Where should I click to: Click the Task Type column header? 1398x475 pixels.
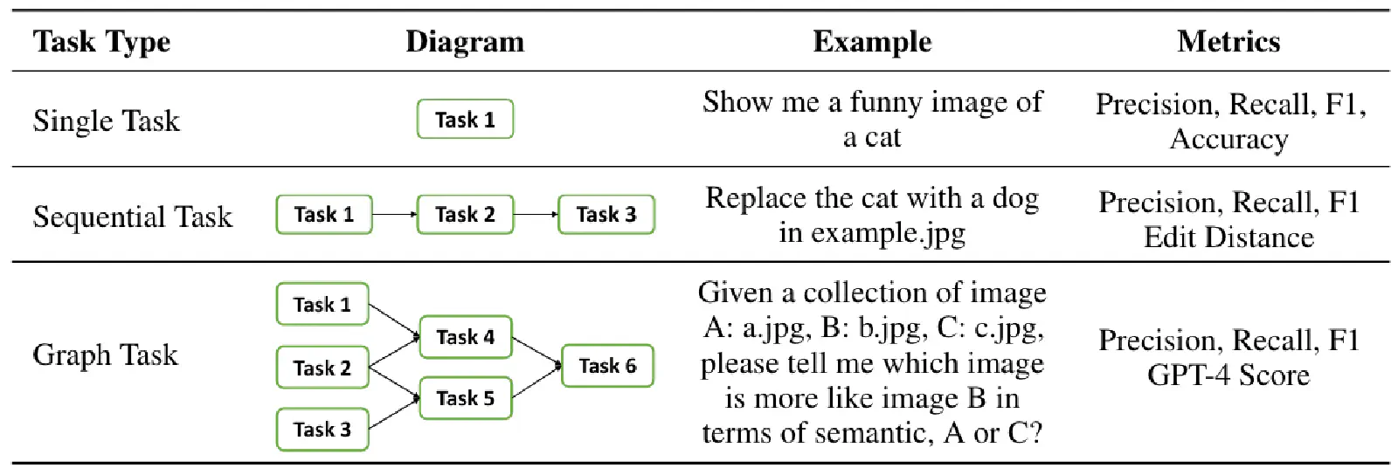pyautogui.click(x=101, y=42)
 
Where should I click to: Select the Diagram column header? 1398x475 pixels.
pyautogui.click(x=465, y=42)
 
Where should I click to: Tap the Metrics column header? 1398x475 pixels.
pyautogui.click(x=1228, y=42)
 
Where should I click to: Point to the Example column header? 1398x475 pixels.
pyautogui.click(x=872, y=42)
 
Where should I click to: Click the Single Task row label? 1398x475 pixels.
pyautogui.click(x=106, y=120)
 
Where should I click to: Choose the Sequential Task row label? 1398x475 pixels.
pyautogui.click(x=132, y=217)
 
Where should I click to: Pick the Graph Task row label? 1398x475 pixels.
pyautogui.click(x=105, y=355)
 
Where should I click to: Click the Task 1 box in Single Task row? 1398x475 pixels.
pyautogui.click(x=465, y=119)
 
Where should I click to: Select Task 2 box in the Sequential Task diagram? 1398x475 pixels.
pyautogui.click(x=465, y=215)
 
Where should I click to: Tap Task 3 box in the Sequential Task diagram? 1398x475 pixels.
pyautogui.click(x=606, y=215)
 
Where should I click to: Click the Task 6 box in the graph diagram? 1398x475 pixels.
pyautogui.click(x=607, y=366)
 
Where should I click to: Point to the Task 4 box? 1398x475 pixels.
pyautogui.click(x=466, y=337)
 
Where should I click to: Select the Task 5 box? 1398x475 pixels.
pyautogui.click(x=466, y=397)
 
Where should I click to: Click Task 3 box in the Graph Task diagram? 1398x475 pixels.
pyautogui.click(x=322, y=430)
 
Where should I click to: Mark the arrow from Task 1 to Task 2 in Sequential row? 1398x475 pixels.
pyautogui.click(x=394, y=215)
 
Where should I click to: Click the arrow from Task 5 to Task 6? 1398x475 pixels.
pyautogui.click(x=536, y=382)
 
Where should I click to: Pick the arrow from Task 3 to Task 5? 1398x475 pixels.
pyautogui.click(x=394, y=413)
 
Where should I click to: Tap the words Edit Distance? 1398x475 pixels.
pyautogui.click(x=1228, y=237)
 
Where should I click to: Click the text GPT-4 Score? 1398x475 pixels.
pyautogui.click(x=1228, y=375)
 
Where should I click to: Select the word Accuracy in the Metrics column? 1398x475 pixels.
pyautogui.click(x=1228, y=139)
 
